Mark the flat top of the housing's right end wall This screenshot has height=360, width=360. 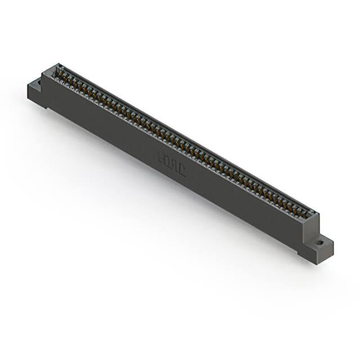[x=313, y=214]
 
